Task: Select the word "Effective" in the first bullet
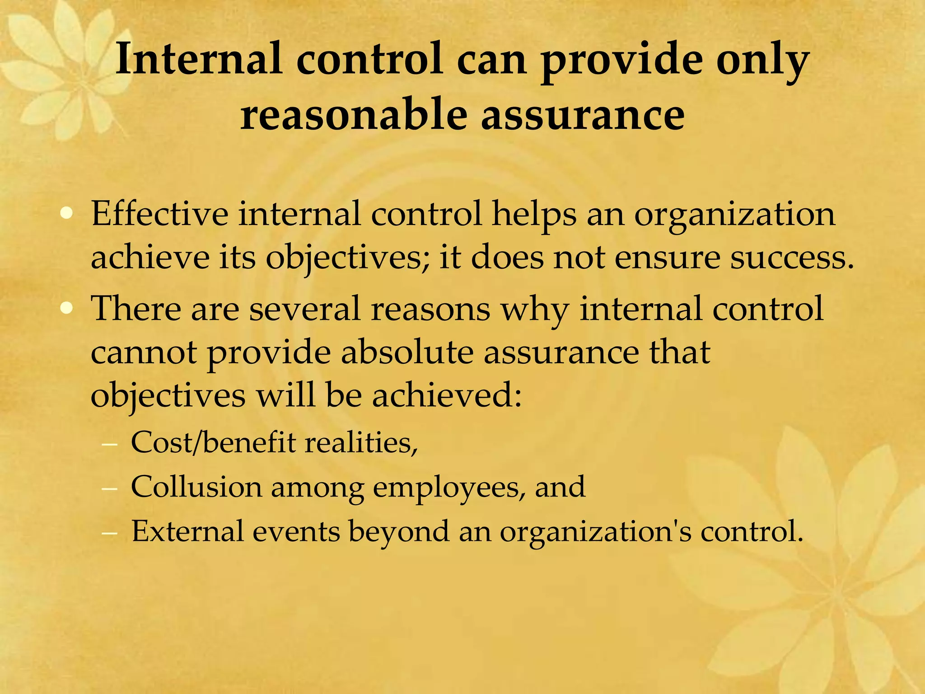[159, 214]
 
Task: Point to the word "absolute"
[407, 353]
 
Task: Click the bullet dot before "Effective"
[66, 214]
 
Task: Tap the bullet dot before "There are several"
[66, 309]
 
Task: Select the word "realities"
[361, 442]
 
